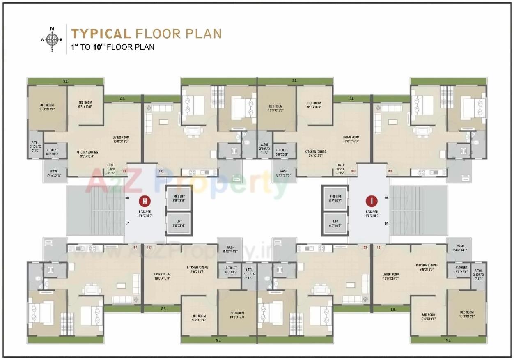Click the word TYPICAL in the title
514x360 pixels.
[101, 34]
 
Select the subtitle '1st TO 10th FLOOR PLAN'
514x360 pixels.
[112, 47]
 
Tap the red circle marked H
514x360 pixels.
[145, 201]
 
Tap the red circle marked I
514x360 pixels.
[371, 201]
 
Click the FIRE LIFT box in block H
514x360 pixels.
[179, 199]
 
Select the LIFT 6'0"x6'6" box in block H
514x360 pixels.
[179, 223]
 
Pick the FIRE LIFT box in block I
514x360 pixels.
[335, 199]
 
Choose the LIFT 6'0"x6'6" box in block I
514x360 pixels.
[335, 223]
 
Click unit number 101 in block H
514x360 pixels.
[124, 171]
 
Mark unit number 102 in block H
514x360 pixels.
[161, 171]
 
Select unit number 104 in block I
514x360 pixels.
[390, 171]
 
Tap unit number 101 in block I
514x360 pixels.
[379, 248]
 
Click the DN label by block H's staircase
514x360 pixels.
[127, 198]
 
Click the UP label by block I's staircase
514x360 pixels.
[386, 198]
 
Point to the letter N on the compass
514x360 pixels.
[52, 29]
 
